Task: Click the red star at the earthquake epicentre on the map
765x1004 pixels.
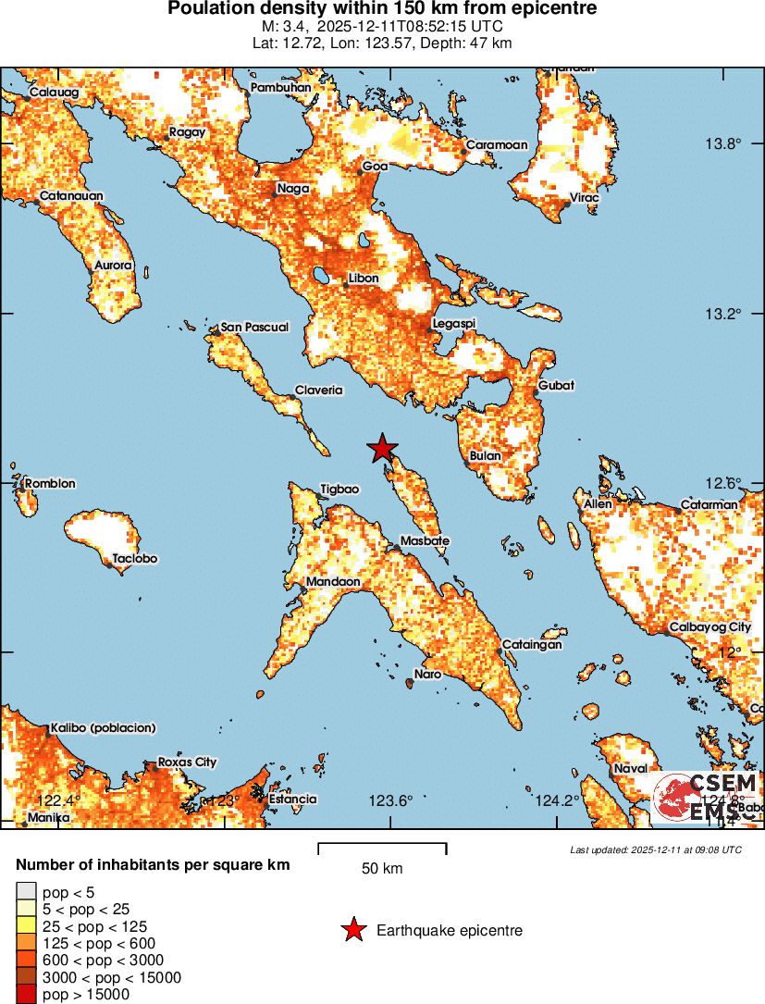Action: point(381,449)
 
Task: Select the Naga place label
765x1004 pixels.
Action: point(290,190)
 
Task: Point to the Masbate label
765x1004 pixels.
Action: point(425,540)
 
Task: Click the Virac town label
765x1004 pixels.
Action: point(584,198)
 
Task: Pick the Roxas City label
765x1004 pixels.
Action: point(187,762)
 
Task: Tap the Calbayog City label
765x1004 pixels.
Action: point(711,627)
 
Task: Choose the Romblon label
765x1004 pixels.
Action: point(50,483)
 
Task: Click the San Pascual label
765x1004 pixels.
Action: point(254,328)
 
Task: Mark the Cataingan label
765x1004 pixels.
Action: point(532,644)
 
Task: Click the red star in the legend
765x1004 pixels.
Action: point(353,930)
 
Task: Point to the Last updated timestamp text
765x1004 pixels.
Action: point(655,849)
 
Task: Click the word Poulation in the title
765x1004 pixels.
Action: point(210,9)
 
